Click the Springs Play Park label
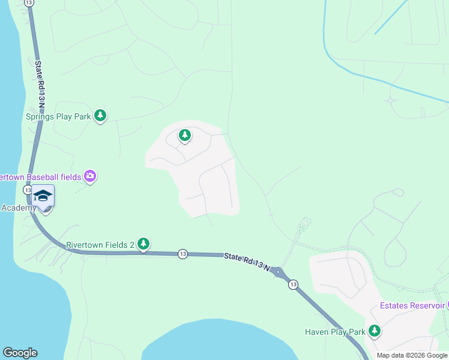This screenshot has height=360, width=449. pyautogui.click(x=58, y=116)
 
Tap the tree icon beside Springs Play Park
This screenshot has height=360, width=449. pyautogui.click(x=100, y=115)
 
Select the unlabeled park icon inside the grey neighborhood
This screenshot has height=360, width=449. pyautogui.click(x=185, y=136)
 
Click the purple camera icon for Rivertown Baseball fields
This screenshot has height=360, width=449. pyautogui.click(x=90, y=176)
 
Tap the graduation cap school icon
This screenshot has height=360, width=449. pyautogui.click(x=43, y=196)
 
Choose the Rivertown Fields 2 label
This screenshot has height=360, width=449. pyautogui.click(x=100, y=244)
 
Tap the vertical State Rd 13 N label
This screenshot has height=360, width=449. pyautogui.click(x=40, y=83)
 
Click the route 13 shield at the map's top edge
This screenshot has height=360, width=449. pyautogui.click(x=29, y=3)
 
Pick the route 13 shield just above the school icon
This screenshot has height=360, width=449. pyautogui.click(x=28, y=190)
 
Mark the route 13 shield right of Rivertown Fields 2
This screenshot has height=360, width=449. pyautogui.click(x=182, y=254)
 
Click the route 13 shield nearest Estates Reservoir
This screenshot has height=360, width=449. pyautogui.click(x=292, y=284)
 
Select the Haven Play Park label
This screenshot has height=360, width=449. pyautogui.click(x=335, y=332)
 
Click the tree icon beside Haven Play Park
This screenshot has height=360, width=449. pyautogui.click(x=375, y=331)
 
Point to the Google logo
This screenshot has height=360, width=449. pyautogui.click(x=20, y=353)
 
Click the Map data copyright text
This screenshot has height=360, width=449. pyautogui.click(x=412, y=355)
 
